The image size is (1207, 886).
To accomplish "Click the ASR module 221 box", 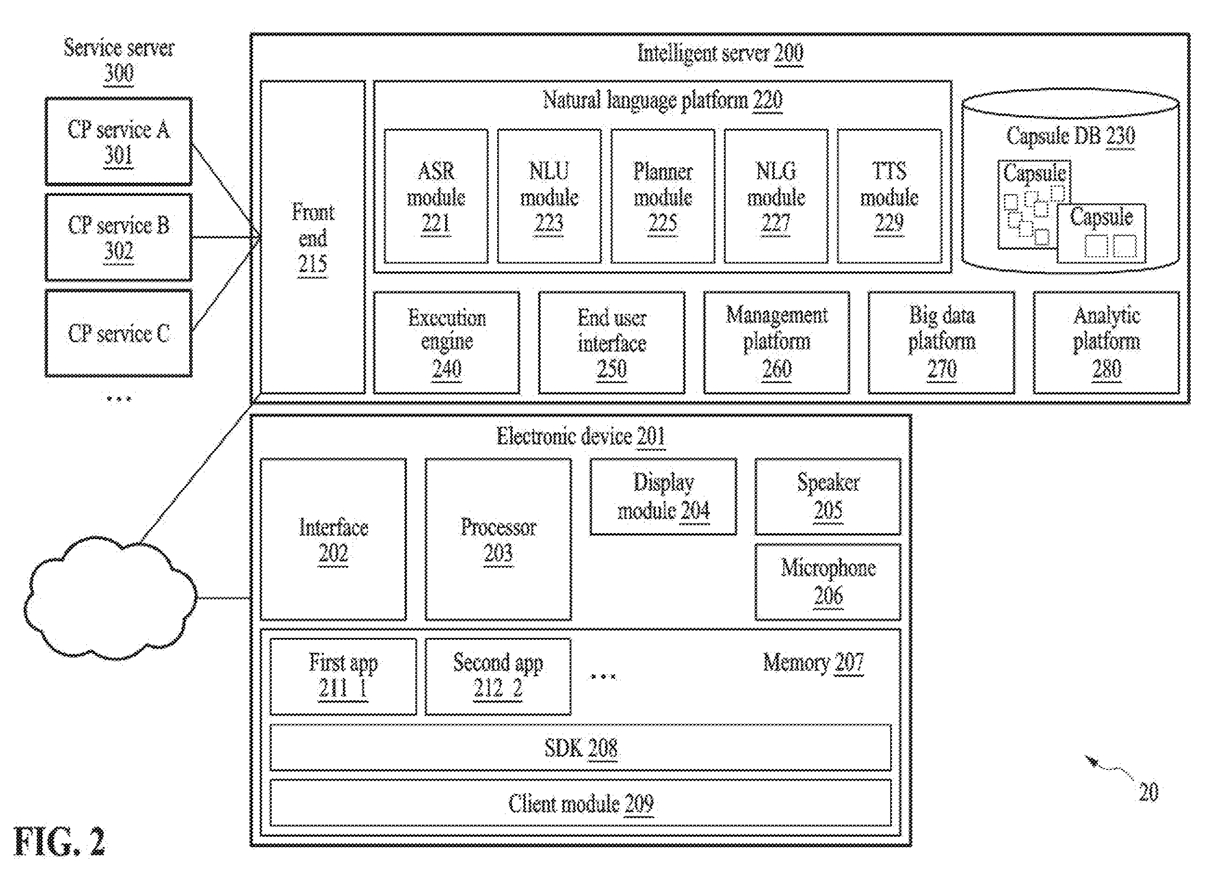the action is tap(436, 196).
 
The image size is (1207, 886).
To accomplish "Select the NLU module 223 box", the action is tap(549, 196).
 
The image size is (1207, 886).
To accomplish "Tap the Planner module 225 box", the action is tap(663, 196).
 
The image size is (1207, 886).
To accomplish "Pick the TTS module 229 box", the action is tap(889, 196).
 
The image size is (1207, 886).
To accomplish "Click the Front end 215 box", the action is tap(313, 237).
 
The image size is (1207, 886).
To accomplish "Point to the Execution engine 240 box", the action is tap(446, 343).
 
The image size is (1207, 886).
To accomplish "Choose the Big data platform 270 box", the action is tap(941, 343).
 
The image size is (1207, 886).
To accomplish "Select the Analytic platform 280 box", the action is tap(1106, 343).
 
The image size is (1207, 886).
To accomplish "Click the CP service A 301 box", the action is tap(118, 142).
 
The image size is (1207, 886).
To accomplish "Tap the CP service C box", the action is tap(118, 333).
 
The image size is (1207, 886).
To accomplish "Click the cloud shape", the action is tap(110, 599).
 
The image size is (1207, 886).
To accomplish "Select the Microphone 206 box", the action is tap(828, 582).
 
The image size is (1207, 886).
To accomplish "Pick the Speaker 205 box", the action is tap(828, 496).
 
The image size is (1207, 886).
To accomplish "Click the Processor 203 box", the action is tap(498, 539).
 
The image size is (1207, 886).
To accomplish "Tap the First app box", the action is tap(343, 676).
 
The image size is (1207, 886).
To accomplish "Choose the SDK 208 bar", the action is tap(580, 748).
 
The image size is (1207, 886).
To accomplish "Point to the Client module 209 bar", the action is tap(580, 803).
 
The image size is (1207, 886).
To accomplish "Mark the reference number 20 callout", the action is tap(1148, 792).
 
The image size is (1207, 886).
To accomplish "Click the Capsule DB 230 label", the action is tap(1070, 136).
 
